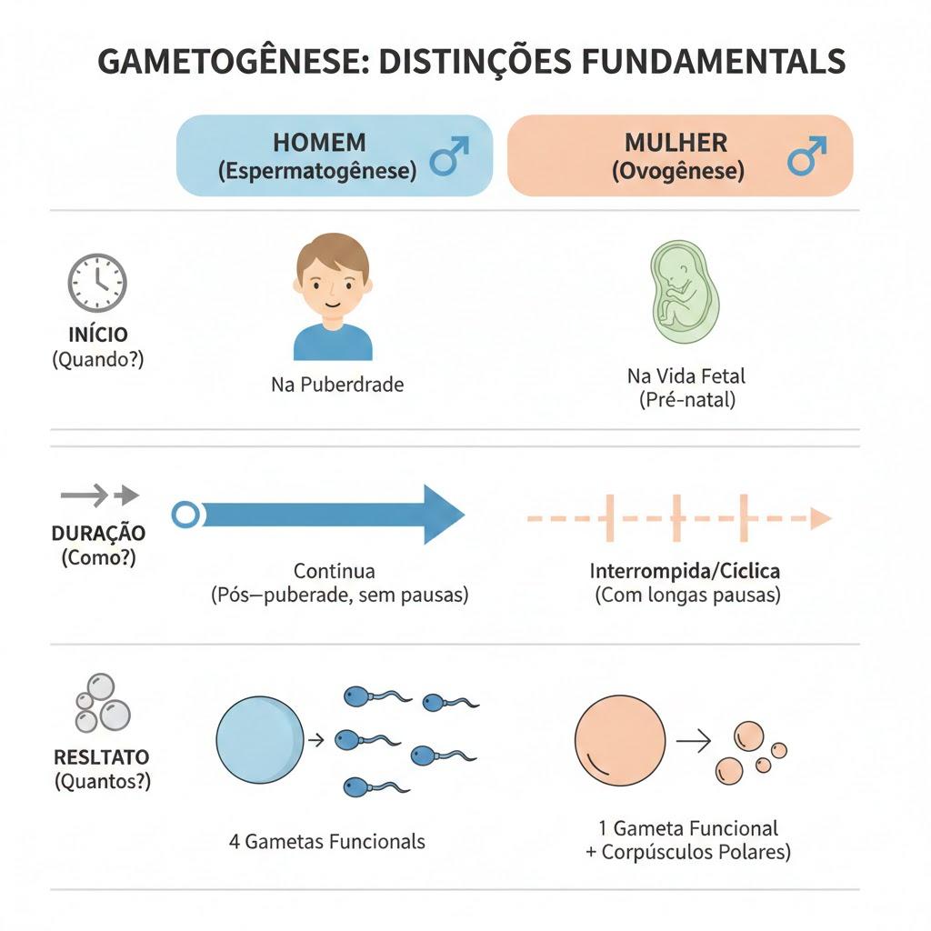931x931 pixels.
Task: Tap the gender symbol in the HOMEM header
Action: pos(449,156)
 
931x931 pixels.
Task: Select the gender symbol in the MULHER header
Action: pos(807,156)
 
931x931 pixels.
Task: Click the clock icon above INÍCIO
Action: pos(97,283)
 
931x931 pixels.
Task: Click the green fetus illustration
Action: pos(684,292)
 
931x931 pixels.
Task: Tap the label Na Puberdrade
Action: pos(337,385)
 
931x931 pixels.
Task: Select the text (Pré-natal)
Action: pos(687,400)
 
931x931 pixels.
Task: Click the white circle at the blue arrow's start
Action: pos(185,515)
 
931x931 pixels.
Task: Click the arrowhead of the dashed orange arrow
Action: pos(821,518)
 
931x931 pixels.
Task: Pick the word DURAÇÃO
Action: pos(98,533)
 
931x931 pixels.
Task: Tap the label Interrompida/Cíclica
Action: pos(685,571)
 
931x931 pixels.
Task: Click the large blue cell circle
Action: pos(260,740)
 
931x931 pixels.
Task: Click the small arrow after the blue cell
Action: pos(315,740)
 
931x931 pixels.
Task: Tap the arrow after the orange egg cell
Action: pos(694,741)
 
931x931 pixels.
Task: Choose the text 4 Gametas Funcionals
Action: pos(327,842)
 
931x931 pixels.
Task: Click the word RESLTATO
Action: pos(102,757)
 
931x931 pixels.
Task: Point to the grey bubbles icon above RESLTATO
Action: pos(102,703)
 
